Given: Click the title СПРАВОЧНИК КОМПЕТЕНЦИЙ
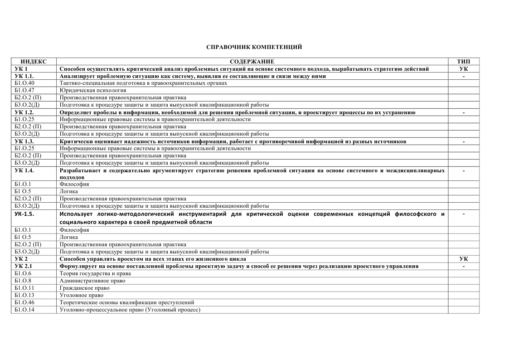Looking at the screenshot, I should (x=254, y=47).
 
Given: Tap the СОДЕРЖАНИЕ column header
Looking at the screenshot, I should (x=252, y=62).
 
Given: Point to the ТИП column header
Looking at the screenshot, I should (x=463, y=62).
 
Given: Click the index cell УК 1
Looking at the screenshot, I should (x=21, y=69).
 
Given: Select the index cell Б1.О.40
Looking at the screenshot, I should (x=24, y=83).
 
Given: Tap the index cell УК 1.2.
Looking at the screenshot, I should (x=24, y=112).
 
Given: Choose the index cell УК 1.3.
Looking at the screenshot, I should (x=24, y=141).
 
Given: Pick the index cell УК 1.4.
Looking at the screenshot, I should (x=24, y=170).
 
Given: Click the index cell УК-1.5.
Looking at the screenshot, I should (x=25, y=214).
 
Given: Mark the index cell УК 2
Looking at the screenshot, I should (x=21, y=259).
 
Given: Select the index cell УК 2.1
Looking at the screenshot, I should (x=24, y=266).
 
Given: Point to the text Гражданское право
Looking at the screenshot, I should (x=84, y=288).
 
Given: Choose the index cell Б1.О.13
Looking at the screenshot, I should (x=24, y=295).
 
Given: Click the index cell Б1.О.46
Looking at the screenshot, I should (x=24, y=302).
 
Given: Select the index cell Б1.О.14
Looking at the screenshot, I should (x=24, y=310).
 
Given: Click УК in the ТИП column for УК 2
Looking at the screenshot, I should (x=463, y=259).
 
